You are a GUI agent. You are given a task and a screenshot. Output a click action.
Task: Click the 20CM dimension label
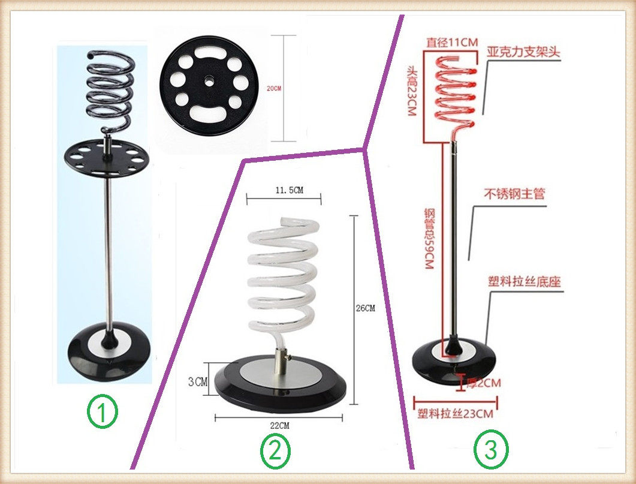(x=274, y=88)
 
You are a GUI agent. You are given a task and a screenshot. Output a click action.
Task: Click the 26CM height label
(x=365, y=309)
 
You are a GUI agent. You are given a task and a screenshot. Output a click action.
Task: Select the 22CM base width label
(x=279, y=425)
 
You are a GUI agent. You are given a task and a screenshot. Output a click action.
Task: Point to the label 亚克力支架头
(x=523, y=52)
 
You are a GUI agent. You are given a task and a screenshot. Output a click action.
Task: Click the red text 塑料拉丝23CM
(x=456, y=414)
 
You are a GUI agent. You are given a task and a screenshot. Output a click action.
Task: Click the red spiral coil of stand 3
(x=453, y=87)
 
